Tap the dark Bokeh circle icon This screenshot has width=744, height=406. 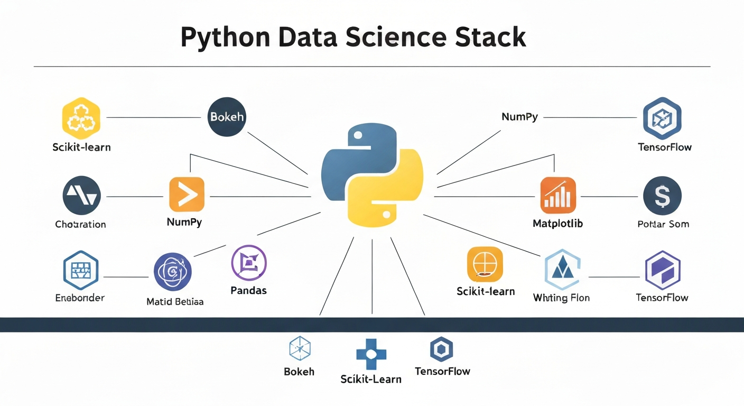pos(227,117)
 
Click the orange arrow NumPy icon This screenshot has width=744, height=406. pos(187,195)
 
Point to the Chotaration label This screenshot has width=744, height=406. pos(80,224)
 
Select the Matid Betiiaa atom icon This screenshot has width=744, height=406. pos(173,271)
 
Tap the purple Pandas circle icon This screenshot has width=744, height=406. pos(249,263)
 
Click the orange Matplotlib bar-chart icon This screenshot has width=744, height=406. pos(558,195)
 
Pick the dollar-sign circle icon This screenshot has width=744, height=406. pos(662,196)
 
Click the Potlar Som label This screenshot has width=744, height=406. pos(663,224)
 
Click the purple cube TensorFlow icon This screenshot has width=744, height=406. pos(662,270)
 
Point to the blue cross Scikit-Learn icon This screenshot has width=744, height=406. pos(371,355)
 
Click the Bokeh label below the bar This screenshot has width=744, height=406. pos(299,372)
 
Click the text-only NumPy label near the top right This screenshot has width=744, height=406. pos(519,117)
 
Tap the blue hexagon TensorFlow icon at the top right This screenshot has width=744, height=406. pos(662,118)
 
